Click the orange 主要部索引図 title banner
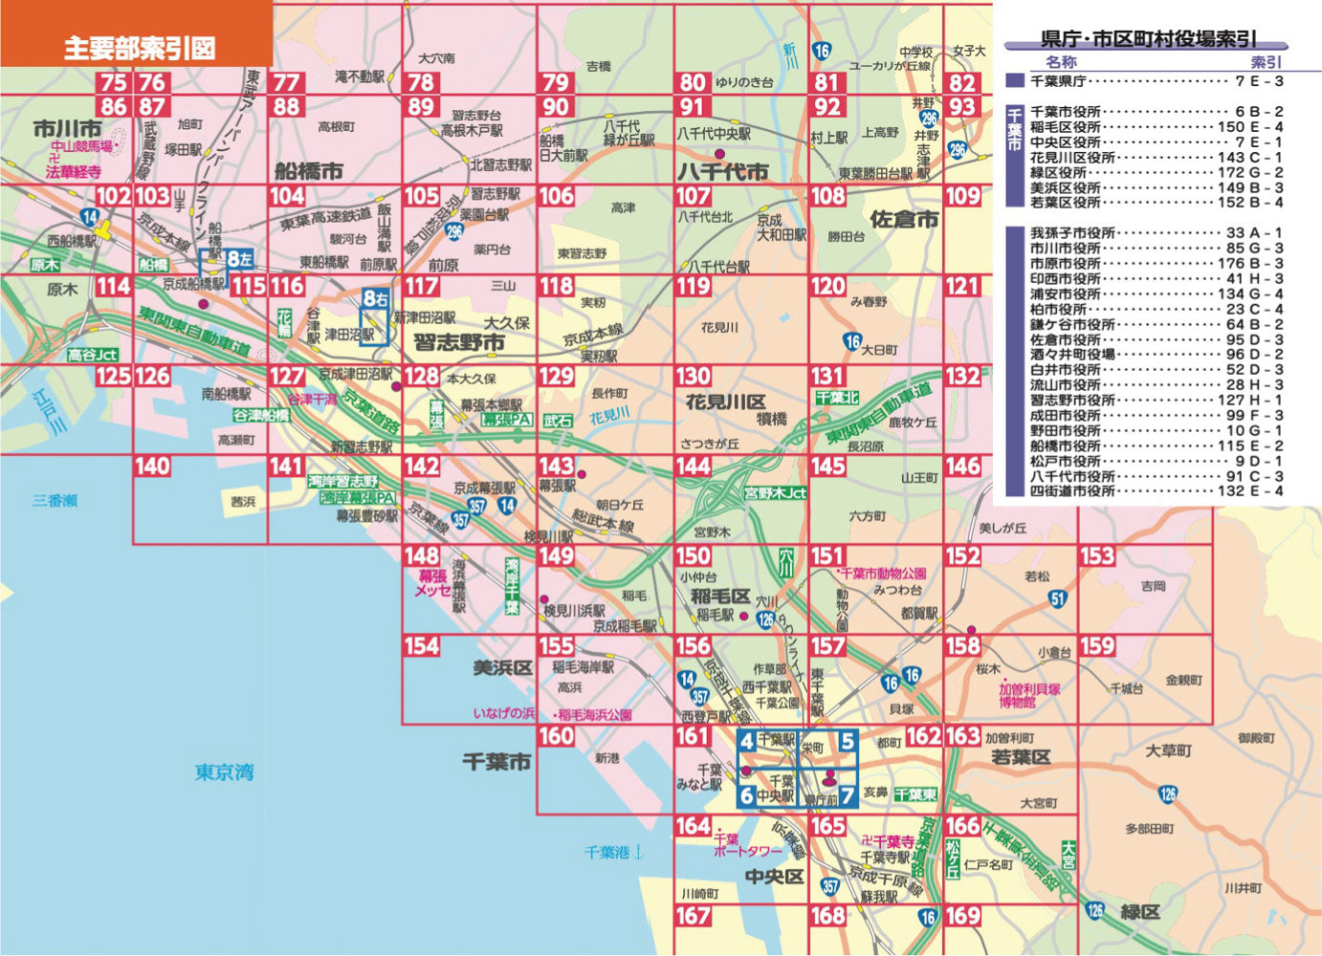(137, 47)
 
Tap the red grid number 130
(694, 377)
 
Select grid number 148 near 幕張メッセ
(422, 555)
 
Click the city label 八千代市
(722, 172)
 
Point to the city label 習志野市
(458, 341)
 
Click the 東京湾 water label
(224, 771)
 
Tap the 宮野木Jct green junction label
(776, 493)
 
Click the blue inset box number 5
(847, 741)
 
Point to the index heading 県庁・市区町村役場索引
(1148, 39)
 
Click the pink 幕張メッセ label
(432, 583)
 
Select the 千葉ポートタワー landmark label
(747, 844)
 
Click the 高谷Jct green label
(93, 355)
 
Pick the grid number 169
(962, 916)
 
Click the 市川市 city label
(67, 128)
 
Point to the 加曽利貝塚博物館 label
(1029, 695)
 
